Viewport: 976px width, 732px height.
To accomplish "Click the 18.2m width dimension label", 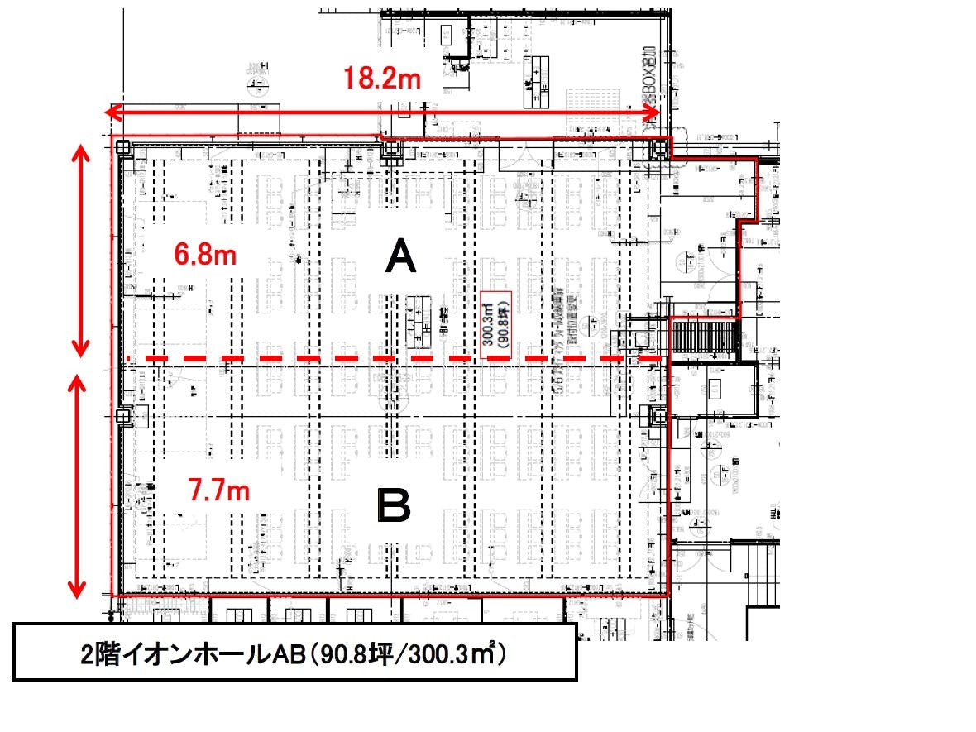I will point(383,79).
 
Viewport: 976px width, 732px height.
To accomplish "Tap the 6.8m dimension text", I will point(205,255).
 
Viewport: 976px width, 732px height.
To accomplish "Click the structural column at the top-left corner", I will point(122,148).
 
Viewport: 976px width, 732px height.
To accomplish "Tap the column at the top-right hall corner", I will point(659,148).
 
